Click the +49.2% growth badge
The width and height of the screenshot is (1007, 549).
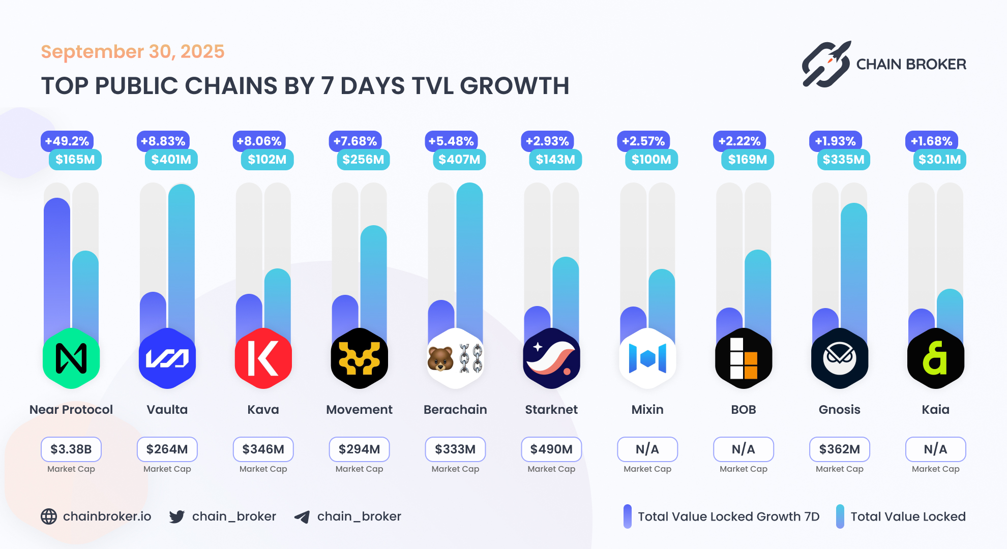(67, 141)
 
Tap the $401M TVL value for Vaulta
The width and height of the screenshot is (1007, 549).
(171, 160)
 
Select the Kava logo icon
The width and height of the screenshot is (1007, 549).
(263, 358)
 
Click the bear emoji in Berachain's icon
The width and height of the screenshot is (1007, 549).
(440, 359)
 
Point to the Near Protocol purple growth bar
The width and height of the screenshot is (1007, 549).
(57, 264)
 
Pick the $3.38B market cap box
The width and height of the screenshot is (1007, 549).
(71, 449)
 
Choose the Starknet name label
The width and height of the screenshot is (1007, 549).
(551, 410)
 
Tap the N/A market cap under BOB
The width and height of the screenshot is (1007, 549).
(743, 449)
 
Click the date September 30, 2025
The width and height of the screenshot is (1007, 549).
(133, 52)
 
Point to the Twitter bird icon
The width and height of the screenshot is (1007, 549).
(177, 517)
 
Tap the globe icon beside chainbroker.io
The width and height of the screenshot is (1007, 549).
(49, 516)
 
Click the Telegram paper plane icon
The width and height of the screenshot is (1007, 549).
(302, 517)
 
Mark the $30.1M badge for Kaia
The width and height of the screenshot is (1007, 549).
(939, 160)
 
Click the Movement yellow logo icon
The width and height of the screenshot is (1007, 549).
(359, 358)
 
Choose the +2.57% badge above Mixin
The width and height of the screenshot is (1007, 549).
(643, 141)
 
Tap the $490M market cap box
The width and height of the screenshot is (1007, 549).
(551, 449)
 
